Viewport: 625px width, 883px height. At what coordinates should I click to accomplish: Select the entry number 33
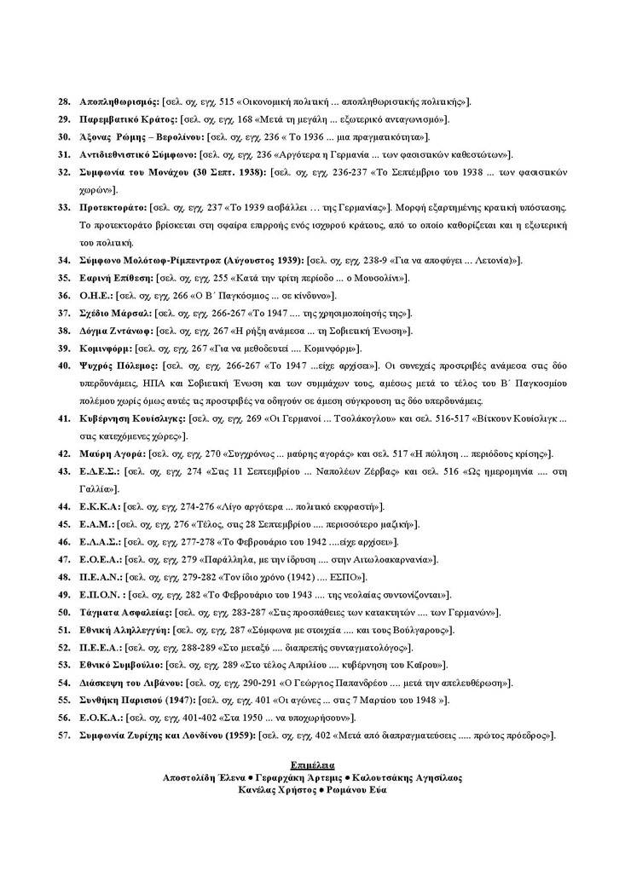pyautogui.click(x=63, y=207)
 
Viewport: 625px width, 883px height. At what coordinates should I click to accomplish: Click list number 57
pyautogui.click(x=63, y=735)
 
